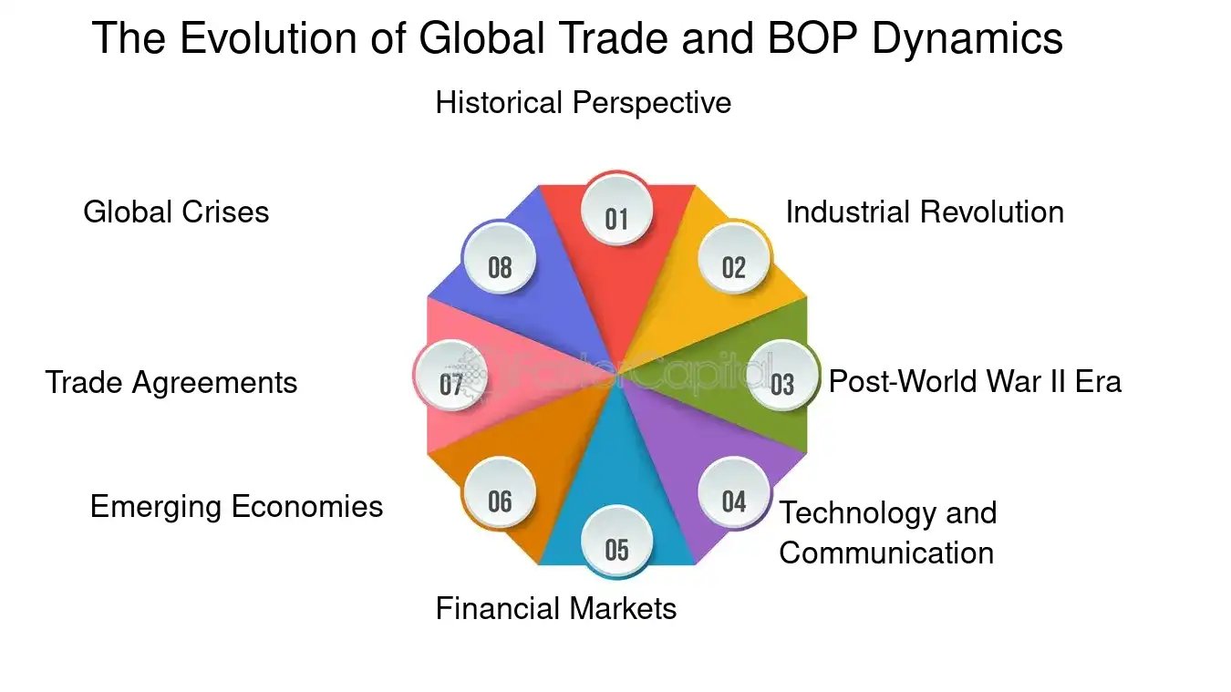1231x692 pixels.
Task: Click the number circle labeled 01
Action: pyautogui.click(x=617, y=218)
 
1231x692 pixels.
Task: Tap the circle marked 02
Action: pyautogui.click(x=734, y=266)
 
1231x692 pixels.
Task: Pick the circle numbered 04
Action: pyautogui.click(x=734, y=501)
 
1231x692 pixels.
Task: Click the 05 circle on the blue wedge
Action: pyautogui.click(x=617, y=549)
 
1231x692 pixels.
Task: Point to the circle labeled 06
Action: pyautogui.click(x=500, y=501)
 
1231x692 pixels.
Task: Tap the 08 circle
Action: pyautogui.click(x=500, y=266)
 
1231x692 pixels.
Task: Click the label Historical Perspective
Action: pyautogui.click(x=583, y=102)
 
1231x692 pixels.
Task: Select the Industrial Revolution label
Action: pyautogui.click(x=925, y=212)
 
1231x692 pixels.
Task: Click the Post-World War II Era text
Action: pyautogui.click(x=975, y=380)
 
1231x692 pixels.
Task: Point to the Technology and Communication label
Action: pyautogui.click(x=887, y=532)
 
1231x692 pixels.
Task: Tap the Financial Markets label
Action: pyautogui.click(x=556, y=608)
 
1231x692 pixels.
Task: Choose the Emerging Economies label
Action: pyautogui.click(x=236, y=506)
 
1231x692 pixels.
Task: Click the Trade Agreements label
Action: pyautogui.click(x=171, y=382)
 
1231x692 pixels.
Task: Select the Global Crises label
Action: pyautogui.click(x=176, y=212)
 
